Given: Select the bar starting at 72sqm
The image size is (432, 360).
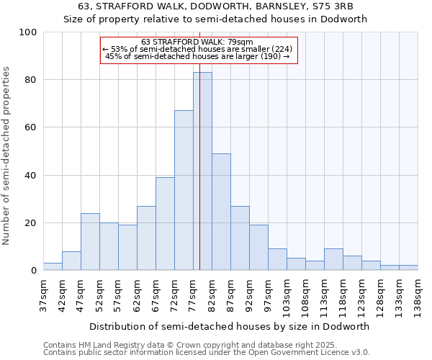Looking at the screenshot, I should click(184, 191).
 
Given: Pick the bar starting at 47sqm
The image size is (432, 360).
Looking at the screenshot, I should click(90, 242).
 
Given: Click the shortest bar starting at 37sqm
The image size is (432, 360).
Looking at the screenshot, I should click(53, 266).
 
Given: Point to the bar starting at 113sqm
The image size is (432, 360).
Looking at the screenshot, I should click(333, 260).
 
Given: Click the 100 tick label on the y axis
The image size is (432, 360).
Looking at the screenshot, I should click(28, 32).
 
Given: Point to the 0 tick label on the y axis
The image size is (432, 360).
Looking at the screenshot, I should click(34, 271).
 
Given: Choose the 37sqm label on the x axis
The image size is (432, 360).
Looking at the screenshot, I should click(43, 293).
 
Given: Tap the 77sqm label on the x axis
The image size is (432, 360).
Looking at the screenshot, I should click(193, 293).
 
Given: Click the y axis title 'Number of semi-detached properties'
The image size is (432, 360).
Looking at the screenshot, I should click(7, 156).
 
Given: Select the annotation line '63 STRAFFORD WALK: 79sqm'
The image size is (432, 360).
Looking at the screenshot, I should click(198, 42).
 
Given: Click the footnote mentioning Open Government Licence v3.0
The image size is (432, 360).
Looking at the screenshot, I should click(206, 353).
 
